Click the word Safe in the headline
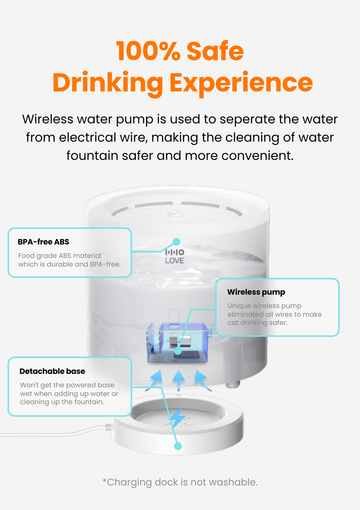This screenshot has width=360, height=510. click(x=215, y=51)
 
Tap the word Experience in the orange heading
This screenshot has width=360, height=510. click(x=241, y=83)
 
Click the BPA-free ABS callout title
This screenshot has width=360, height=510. click(x=43, y=242)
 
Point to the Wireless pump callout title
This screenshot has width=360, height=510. click(x=256, y=292)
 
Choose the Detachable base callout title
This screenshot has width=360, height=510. click(x=52, y=371)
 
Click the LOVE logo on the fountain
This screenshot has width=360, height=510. click(x=175, y=256)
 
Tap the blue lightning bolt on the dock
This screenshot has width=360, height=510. click(x=177, y=418)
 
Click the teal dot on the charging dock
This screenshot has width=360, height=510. click(x=178, y=446)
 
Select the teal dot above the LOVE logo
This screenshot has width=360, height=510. click(x=176, y=242)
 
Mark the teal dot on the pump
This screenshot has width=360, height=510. click(x=178, y=351)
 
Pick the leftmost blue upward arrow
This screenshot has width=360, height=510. click(x=155, y=381)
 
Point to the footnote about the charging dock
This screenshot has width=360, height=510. click(x=180, y=482)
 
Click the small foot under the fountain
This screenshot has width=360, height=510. click(x=232, y=384)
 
